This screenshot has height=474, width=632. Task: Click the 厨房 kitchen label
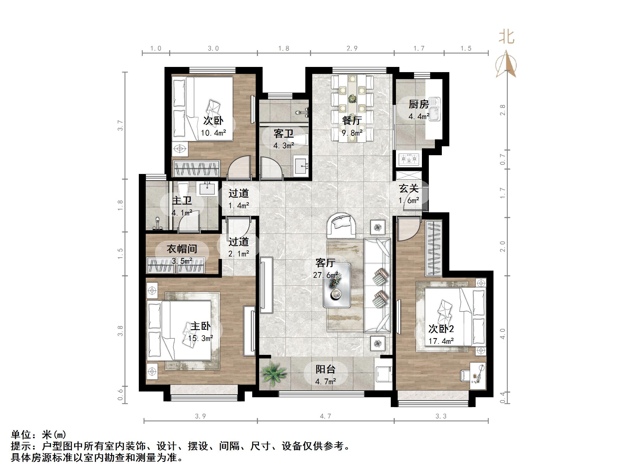418,104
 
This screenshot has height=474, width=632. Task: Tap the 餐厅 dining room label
352,121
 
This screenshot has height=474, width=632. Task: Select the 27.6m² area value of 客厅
325,275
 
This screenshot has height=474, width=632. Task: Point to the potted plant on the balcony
272,373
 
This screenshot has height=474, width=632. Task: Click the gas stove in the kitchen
409,159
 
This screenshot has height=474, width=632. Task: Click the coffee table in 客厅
337,286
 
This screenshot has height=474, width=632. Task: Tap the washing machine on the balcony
384,374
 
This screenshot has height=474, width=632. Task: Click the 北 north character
507,38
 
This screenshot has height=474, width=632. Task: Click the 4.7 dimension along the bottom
326,416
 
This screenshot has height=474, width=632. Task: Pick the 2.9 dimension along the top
352,48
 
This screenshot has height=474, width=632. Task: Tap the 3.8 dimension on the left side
120,331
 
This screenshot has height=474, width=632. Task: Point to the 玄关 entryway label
409,189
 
